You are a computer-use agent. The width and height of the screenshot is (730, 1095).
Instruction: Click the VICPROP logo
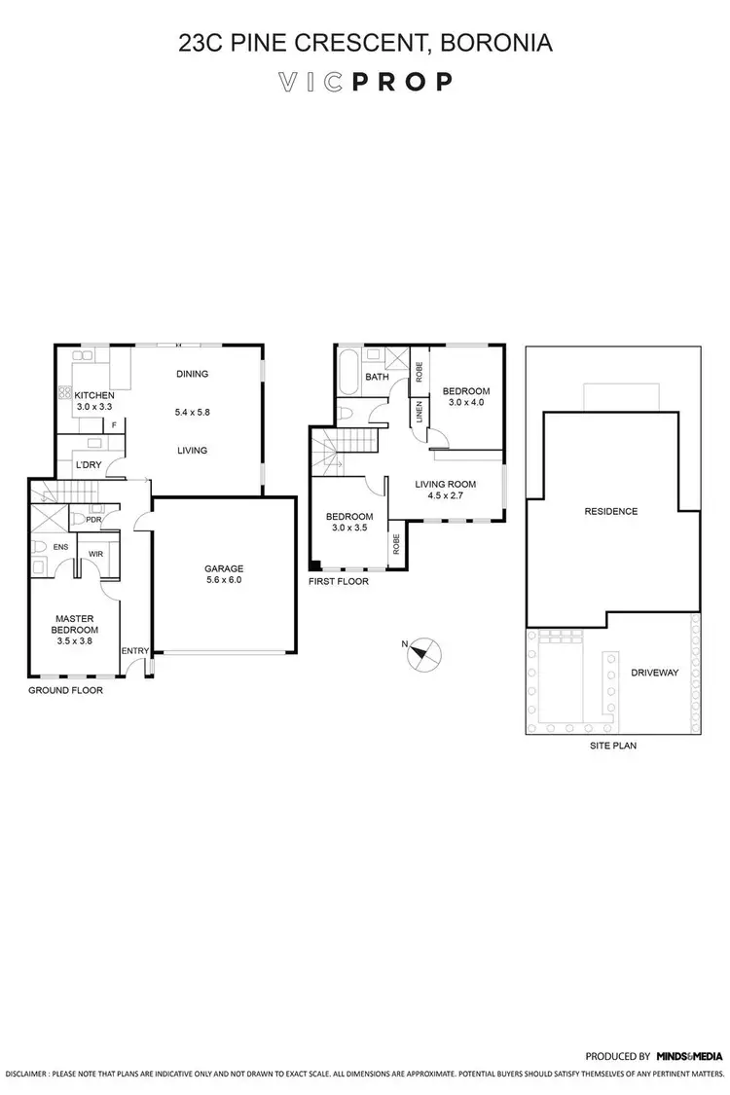365,82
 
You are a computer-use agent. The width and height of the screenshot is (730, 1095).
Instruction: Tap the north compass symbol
423,652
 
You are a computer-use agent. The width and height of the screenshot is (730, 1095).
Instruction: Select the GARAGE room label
223,568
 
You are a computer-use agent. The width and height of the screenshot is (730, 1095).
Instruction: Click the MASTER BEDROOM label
74,624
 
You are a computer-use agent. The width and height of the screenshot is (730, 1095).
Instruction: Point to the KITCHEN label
94,395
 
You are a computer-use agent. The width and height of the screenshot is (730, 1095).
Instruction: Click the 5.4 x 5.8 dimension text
192,412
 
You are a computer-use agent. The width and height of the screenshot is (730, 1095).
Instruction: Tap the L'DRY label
89,465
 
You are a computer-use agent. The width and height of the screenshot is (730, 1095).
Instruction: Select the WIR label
96,554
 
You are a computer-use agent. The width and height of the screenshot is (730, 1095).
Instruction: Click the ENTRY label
134,650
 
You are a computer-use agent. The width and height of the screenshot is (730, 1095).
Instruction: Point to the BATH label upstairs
377,377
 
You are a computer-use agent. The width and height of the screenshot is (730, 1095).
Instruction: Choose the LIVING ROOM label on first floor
445,485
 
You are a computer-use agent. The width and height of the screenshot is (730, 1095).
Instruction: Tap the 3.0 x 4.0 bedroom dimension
465,402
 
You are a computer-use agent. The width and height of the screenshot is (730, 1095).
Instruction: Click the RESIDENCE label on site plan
610,511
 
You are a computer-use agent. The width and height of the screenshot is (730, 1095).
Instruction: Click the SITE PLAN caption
613,746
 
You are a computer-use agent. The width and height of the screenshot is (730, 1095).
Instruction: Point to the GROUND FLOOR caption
66,690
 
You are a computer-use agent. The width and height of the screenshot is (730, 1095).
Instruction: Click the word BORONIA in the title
496,43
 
